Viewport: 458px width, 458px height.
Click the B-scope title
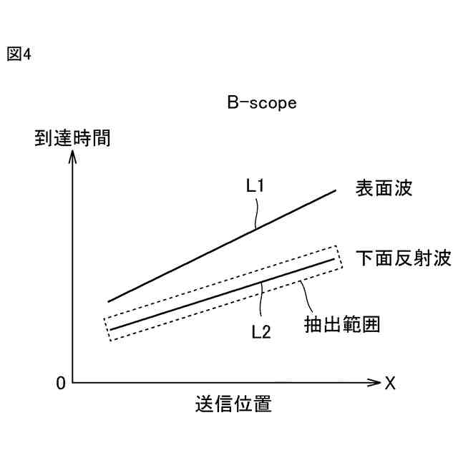click(x=262, y=103)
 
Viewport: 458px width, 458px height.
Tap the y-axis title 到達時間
click(x=72, y=137)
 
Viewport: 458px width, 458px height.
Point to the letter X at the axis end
click(x=390, y=384)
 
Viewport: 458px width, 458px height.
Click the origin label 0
click(x=60, y=384)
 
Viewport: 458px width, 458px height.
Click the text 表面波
click(x=385, y=189)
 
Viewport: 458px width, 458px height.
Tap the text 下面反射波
click(x=404, y=258)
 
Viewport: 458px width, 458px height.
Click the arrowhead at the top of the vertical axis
click(x=72, y=155)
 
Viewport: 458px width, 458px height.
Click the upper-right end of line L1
click(x=336, y=190)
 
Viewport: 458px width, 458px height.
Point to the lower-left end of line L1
click(x=109, y=301)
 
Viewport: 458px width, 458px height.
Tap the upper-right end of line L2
click(x=334, y=258)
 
